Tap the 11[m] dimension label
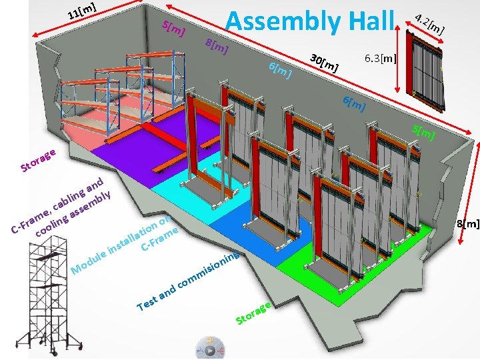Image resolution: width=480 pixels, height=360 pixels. coord(83,10)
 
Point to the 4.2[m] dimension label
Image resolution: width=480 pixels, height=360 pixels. coord(429,23)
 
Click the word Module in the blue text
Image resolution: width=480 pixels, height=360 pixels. coord(89,261)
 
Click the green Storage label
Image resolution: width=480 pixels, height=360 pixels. coord(253,313)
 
